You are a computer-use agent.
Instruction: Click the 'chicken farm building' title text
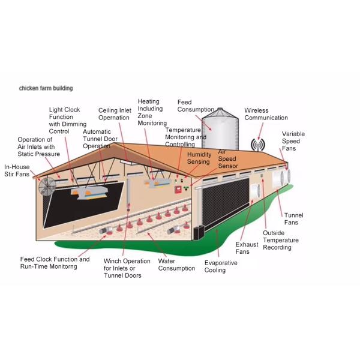point(46,88)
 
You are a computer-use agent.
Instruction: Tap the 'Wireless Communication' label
point(266,114)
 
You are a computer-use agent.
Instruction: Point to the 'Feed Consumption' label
point(196,106)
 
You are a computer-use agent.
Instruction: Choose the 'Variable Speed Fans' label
point(292,142)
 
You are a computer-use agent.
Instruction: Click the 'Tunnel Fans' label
point(294,218)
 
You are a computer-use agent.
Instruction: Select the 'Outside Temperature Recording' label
point(280,240)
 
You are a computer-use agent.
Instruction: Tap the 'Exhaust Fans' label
point(247,248)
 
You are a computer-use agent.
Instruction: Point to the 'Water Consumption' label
point(176,265)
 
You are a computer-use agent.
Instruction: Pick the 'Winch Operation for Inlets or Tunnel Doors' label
point(127,268)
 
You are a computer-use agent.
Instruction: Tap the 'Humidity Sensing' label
point(199,158)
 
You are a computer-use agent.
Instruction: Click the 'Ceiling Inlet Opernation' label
point(115,114)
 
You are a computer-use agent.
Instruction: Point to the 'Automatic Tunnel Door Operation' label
point(97,139)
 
